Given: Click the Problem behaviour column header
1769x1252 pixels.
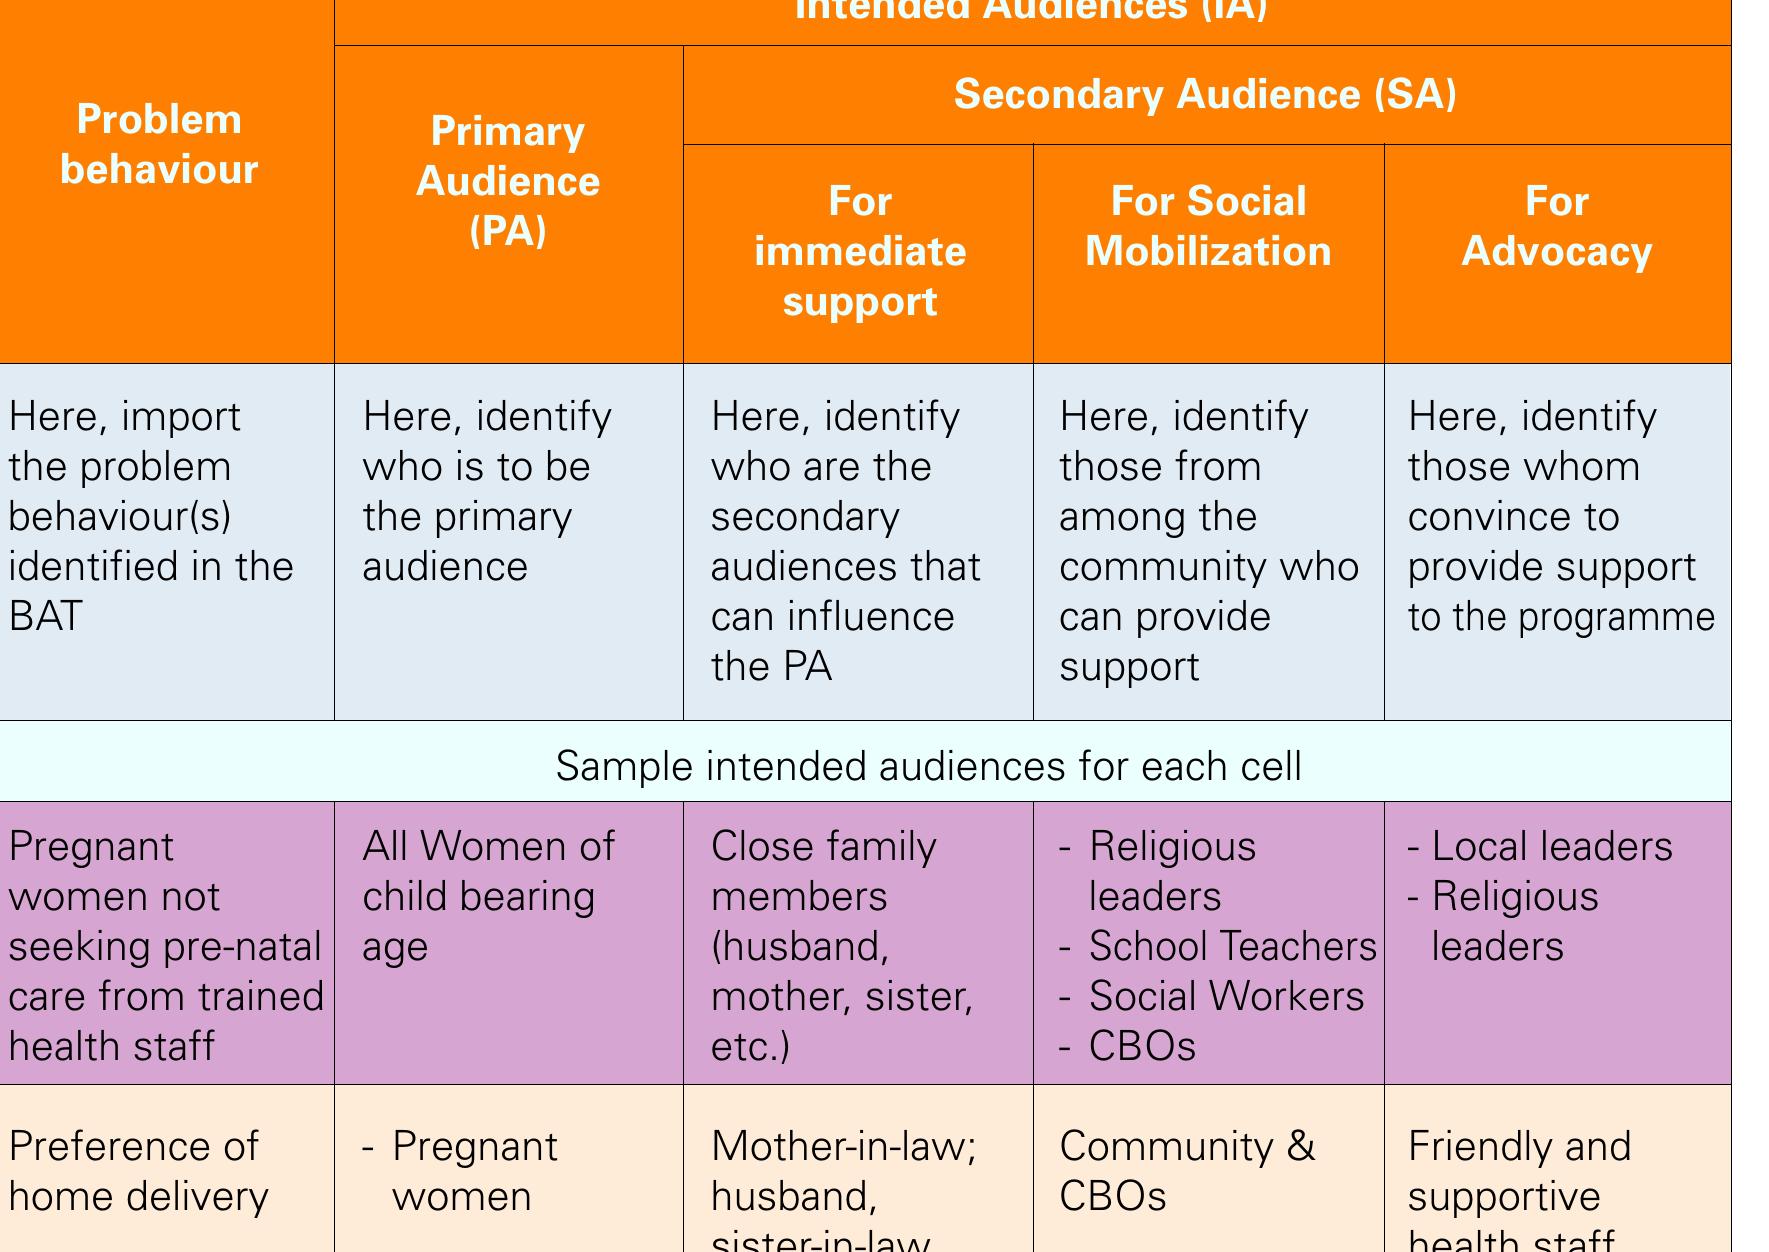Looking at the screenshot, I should coord(159,145).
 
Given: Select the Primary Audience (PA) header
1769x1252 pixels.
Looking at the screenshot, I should coord(507,181).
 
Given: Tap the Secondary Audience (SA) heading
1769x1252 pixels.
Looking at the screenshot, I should coord(1205,94).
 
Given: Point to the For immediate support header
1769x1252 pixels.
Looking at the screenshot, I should coord(859,251).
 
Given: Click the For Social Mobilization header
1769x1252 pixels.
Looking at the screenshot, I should coord(1208,226).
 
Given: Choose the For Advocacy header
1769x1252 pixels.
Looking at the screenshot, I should coord(1556,226).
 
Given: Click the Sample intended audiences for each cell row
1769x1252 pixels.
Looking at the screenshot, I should coord(928,766).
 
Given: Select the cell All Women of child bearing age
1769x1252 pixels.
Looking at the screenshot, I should coord(488,896).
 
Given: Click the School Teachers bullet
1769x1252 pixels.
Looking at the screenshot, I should coord(1232,946).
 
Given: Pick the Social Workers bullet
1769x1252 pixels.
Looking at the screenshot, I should coord(1225,996).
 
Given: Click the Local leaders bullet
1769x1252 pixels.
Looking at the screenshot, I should coord(1551,846).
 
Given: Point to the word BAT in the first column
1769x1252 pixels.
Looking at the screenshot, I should coord(45,616).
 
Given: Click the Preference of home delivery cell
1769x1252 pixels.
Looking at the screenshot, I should coord(139,1171).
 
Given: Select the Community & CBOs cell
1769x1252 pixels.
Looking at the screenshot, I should coord(1187,1171).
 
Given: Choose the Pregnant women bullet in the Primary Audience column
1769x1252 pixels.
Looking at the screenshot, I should coord(474,1171).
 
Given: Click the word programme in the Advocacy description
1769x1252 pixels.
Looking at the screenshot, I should coord(1616,617).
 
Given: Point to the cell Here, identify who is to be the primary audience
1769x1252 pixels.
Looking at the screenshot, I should coord(486,491).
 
